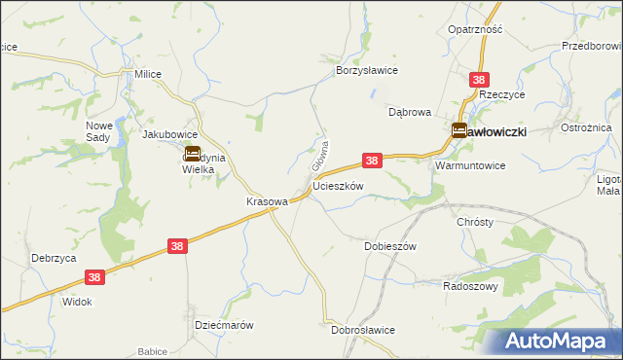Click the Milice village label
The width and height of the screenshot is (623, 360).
(x=148, y=74)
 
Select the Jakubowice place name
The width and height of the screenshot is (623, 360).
(x=170, y=134)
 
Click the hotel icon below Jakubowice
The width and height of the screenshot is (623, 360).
(x=193, y=154)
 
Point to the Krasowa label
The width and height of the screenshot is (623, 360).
(x=266, y=202)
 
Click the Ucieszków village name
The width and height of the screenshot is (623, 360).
(x=338, y=185)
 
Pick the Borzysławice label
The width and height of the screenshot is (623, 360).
(x=367, y=71)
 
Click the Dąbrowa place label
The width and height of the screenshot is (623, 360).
(x=409, y=112)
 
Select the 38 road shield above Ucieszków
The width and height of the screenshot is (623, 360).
(x=372, y=160)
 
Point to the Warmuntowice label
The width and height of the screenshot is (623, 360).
(x=470, y=166)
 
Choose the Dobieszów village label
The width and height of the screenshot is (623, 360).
(x=389, y=246)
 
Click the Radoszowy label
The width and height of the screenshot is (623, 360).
(x=470, y=286)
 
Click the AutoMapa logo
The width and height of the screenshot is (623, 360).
(x=558, y=341)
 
